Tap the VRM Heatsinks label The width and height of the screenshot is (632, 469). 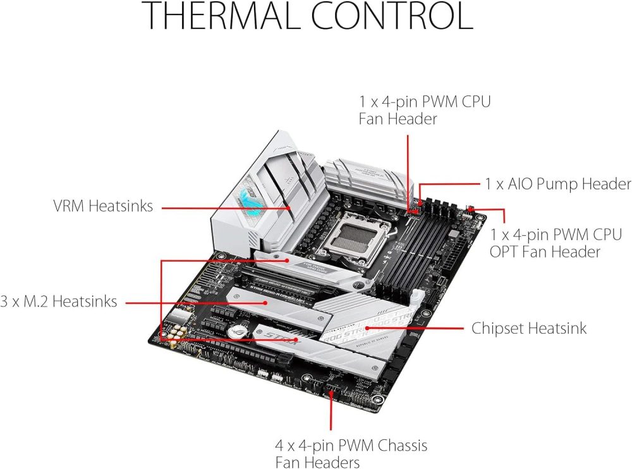pyautogui.click(x=102, y=205)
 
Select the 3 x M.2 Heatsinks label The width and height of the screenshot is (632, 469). pyautogui.click(x=58, y=301)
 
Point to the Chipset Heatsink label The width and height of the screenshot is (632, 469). pyautogui.click(x=529, y=328)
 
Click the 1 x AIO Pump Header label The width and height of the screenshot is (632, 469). pyautogui.click(x=558, y=184)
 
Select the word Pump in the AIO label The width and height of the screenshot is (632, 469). pyautogui.click(x=548, y=184)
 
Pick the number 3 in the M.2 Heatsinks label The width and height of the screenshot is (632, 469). pyautogui.click(x=4, y=301)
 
